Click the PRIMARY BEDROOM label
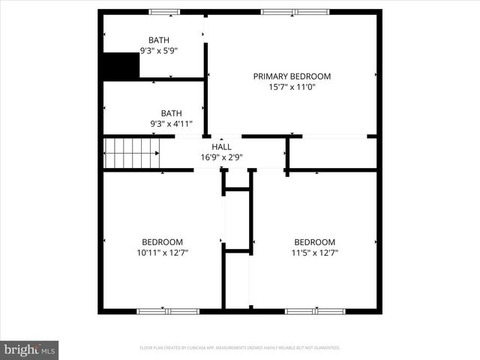292,76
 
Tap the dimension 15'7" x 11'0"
292,87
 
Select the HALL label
221,147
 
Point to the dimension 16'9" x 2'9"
221,157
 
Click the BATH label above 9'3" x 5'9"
158,40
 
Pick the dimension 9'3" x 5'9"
158,51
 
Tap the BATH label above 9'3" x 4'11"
171,113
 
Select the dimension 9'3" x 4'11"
171,124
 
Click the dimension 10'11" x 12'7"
162,253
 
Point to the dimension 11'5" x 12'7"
314,253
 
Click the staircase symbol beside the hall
132,153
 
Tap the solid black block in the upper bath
121,66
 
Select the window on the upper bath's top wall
163,12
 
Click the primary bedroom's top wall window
295,12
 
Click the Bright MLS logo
30,349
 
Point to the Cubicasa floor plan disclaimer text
240,348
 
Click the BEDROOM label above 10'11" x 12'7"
162,241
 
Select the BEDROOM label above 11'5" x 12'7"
314,241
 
